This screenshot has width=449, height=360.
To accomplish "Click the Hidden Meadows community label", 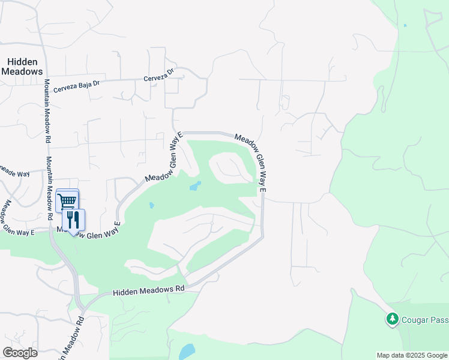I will coord(22,67).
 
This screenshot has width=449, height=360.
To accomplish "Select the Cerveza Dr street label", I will coord(158,75).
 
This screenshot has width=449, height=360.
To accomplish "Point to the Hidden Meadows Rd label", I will coord(148,290).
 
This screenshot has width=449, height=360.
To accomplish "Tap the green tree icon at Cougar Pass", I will coord(393,319).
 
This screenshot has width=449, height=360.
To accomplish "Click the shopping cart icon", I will coord(67,200).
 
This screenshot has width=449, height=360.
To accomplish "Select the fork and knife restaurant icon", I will coord(74,220).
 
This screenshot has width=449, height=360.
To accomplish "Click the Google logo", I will coord(20,352).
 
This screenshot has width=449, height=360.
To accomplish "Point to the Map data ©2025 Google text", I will coord(411,355).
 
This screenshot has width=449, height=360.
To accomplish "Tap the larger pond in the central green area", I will coord(195,186).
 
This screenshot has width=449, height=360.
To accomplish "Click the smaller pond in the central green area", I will coord(151,205).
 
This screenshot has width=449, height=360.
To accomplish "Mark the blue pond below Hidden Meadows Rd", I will coord(187,351).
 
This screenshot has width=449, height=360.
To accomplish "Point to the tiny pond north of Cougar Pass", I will coord(405,25).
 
